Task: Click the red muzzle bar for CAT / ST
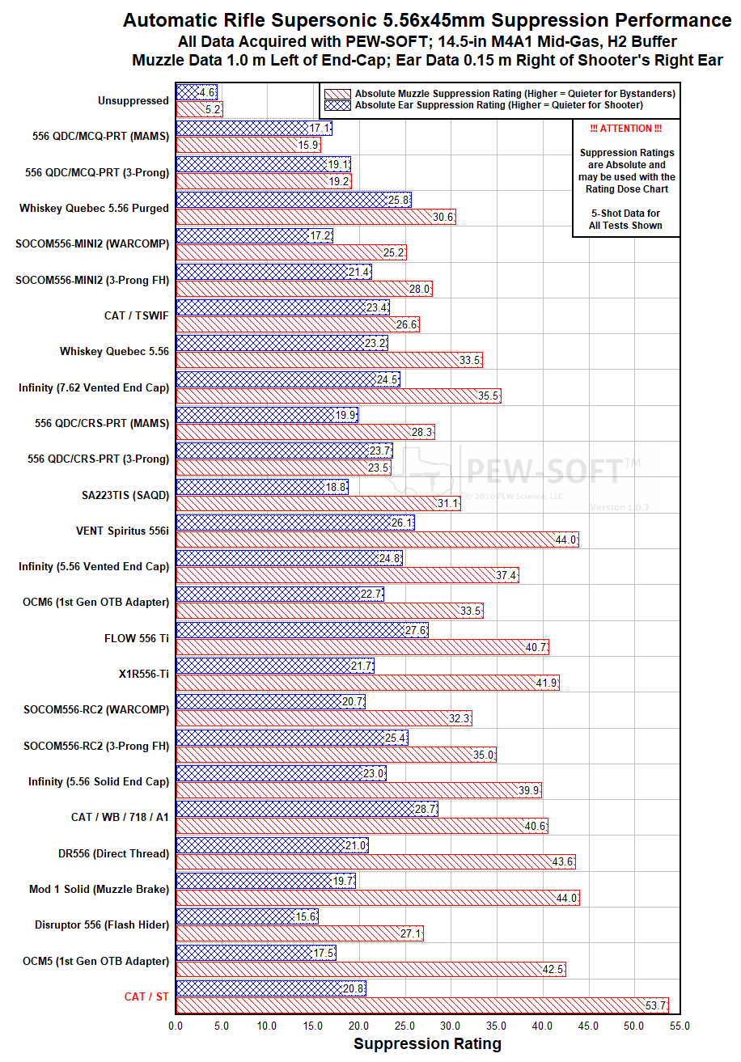(421, 1005)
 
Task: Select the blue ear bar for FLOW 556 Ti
(301, 629)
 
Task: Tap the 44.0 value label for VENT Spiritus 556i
(565, 540)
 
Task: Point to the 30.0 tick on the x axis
(451, 1026)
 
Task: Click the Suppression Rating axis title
(427, 1044)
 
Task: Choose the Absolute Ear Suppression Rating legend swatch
(337, 105)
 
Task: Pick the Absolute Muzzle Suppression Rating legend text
(514, 94)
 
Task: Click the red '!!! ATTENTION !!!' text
(626, 129)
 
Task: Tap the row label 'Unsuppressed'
(133, 101)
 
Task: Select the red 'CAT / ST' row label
(146, 996)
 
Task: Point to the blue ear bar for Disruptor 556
(247, 916)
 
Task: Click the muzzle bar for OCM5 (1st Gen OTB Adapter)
(370, 969)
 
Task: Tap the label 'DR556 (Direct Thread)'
(113, 853)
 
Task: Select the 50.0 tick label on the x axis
(635, 1026)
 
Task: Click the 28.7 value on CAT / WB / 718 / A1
(426, 809)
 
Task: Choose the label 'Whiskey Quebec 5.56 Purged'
(94, 208)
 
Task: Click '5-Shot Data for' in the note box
(626, 214)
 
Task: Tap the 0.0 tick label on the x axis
(176, 1026)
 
